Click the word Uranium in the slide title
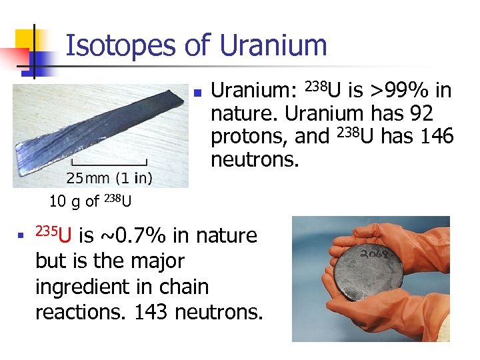pos(273,46)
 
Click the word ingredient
pos(80,287)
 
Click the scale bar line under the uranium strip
pos(109,163)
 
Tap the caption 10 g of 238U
pos(89,200)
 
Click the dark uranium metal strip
pos(100,127)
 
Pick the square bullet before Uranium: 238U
pos(197,91)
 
